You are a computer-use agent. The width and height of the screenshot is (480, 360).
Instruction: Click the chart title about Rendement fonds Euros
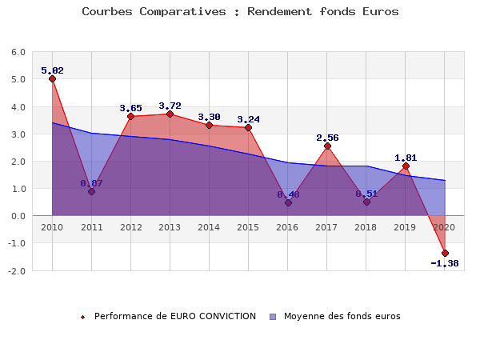(x=240, y=12)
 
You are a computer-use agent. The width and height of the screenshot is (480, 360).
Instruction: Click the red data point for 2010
(x=52, y=78)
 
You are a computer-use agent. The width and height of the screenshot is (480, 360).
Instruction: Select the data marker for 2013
(x=170, y=114)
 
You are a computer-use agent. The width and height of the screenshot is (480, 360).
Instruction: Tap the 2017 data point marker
(x=327, y=146)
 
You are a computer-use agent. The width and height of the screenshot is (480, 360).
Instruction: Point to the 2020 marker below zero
(x=445, y=253)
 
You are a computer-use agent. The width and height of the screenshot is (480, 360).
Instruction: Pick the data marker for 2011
(x=91, y=192)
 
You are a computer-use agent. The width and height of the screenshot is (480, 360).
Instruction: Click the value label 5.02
(x=52, y=70)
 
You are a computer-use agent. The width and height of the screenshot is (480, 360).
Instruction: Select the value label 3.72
(x=170, y=106)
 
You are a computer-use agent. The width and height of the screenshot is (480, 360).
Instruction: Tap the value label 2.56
(x=327, y=138)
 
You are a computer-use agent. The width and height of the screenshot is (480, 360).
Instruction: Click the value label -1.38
(x=445, y=263)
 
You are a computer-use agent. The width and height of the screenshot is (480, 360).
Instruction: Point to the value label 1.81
(x=406, y=158)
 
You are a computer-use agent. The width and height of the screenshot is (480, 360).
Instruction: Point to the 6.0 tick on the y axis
(x=18, y=52)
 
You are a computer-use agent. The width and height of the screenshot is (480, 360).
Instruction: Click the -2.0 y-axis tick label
(x=16, y=270)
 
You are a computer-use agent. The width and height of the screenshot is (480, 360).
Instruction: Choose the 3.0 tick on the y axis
(x=18, y=134)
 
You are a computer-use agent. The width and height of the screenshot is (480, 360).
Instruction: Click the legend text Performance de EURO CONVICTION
(x=174, y=316)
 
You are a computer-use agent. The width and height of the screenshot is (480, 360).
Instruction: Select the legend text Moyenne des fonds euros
(x=342, y=316)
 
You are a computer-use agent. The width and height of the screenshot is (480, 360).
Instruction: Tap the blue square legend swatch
(x=273, y=316)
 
